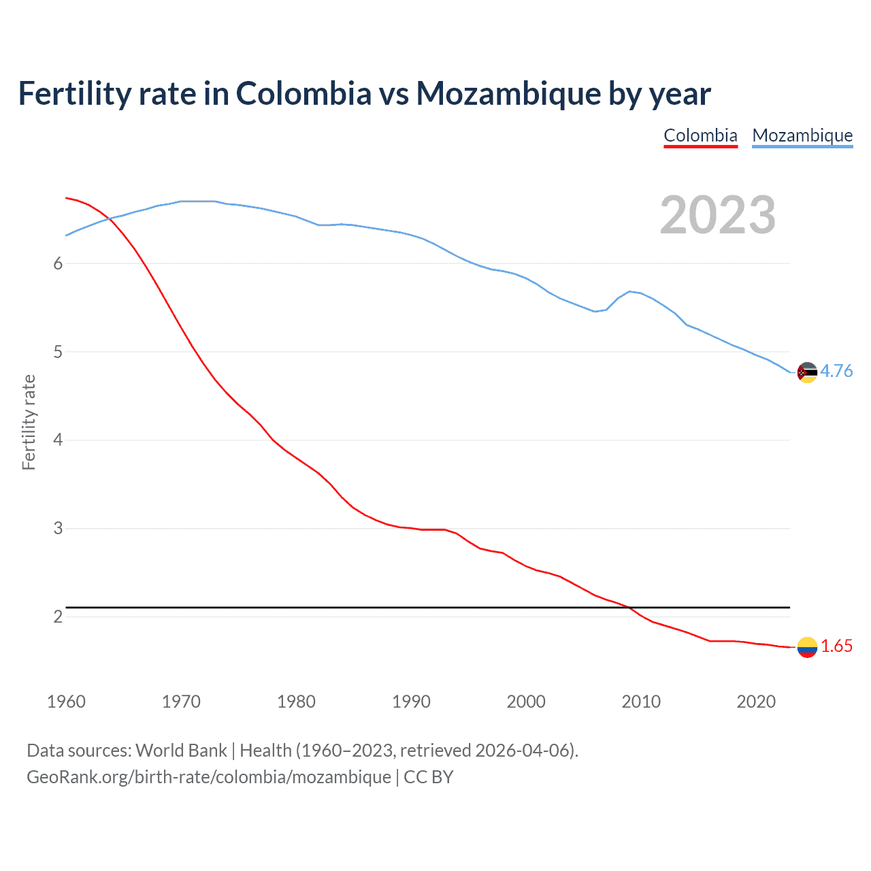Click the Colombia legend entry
(x=700, y=135)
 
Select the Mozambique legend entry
(x=802, y=135)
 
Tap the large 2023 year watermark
(x=718, y=215)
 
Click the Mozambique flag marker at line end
(x=807, y=372)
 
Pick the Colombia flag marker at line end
(x=807, y=647)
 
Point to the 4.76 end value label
(x=836, y=371)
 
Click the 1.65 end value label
(x=836, y=646)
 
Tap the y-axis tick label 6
(x=58, y=264)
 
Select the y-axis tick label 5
(x=58, y=352)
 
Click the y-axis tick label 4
(x=58, y=440)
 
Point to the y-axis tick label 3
(x=58, y=528)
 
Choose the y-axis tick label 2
(x=58, y=617)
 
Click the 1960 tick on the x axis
(x=66, y=702)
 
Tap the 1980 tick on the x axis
(x=296, y=702)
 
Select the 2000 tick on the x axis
(x=526, y=702)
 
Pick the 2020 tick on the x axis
(x=756, y=702)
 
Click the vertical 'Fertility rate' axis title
(x=29, y=422)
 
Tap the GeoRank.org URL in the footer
(x=209, y=777)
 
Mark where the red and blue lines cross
(x=110, y=218)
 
